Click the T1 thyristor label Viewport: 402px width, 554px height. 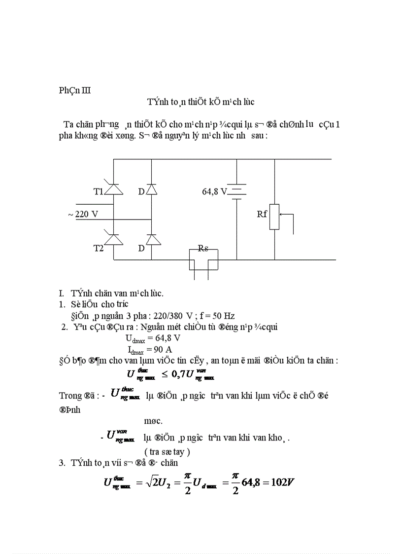[99, 191]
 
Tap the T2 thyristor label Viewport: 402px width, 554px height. [99, 248]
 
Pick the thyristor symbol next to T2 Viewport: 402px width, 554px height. [114, 239]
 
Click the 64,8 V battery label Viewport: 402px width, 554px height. [214, 191]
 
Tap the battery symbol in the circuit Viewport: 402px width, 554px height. [237, 191]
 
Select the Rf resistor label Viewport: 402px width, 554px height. [262, 214]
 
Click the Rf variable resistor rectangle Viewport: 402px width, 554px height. [274, 217]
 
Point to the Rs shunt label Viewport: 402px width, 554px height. [203, 248]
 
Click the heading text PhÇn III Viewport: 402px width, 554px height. [75, 90]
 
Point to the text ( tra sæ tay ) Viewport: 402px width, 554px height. [167, 451]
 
